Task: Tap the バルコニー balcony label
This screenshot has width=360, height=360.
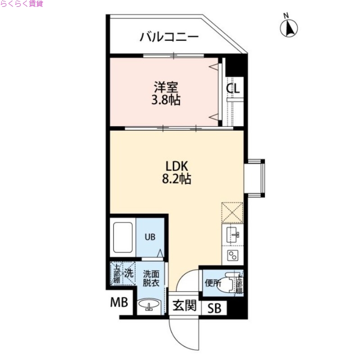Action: click(x=169, y=36)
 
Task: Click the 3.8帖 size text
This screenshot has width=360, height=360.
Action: click(x=166, y=100)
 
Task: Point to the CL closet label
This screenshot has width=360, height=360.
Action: click(x=233, y=89)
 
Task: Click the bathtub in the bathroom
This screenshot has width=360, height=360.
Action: click(x=122, y=237)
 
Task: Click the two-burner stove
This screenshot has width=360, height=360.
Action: click(x=233, y=256)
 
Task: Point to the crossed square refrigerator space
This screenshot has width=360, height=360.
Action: click(x=232, y=212)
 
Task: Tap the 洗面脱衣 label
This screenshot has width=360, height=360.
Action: click(x=150, y=278)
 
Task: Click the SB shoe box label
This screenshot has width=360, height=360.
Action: click(x=215, y=309)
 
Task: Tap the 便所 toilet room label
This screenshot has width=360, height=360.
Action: click(x=213, y=283)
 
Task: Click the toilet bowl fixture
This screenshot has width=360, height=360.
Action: click(x=228, y=284)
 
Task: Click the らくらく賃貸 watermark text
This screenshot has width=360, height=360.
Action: click(x=22, y=4)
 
